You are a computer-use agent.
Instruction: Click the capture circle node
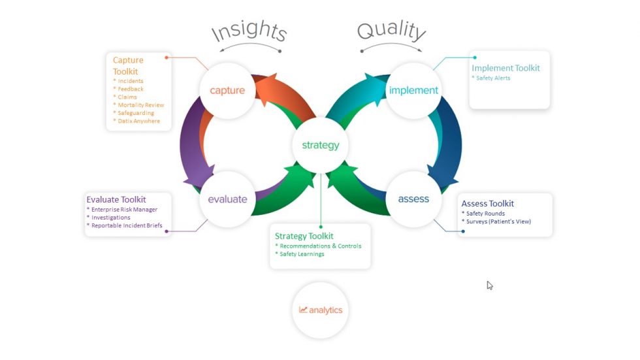click(227, 90)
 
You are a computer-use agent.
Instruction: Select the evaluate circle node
click(227, 199)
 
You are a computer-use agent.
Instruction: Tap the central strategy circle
click(320, 145)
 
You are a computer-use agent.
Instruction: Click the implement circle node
click(413, 90)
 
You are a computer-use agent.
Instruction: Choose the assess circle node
click(413, 199)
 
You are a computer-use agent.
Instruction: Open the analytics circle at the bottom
click(320, 310)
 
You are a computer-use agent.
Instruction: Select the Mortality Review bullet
click(140, 105)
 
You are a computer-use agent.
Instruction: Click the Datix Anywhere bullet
click(138, 121)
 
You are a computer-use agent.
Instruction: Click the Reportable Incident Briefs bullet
click(127, 225)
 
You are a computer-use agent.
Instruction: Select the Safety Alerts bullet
click(493, 78)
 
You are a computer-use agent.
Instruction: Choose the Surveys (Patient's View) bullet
click(498, 221)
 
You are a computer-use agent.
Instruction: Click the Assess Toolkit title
click(488, 203)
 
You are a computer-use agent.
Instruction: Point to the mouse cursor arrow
click(489, 285)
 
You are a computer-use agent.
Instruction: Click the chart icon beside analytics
click(303, 310)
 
